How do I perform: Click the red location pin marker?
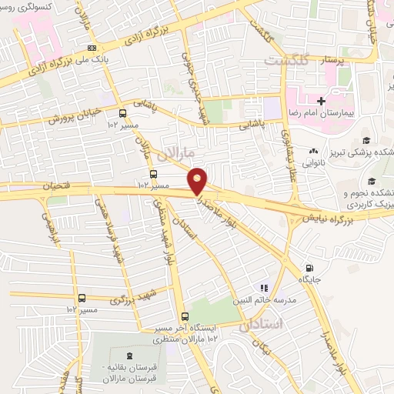(x=198, y=180)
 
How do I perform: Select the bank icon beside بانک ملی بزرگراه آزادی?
(x=92, y=48)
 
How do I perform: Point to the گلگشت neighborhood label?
(x=286, y=59)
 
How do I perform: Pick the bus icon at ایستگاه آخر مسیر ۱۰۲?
(x=184, y=316)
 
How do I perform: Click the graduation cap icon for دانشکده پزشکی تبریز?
(x=367, y=141)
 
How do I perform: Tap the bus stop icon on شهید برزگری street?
(x=82, y=299)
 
